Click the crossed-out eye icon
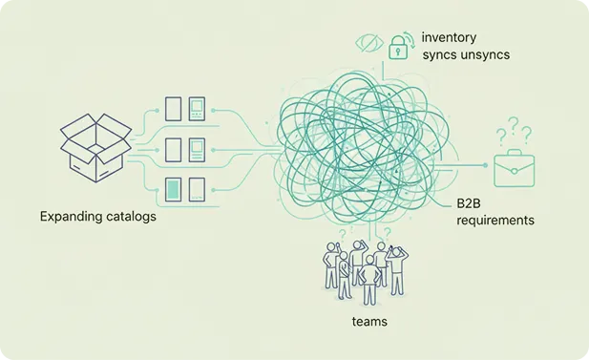coord(368,42)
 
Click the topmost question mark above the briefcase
coord(513,124)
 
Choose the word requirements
coord(494,221)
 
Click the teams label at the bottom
coord(368,321)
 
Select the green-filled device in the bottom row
coord(173,188)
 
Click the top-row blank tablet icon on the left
coord(173,108)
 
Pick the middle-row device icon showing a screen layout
coord(197,149)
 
